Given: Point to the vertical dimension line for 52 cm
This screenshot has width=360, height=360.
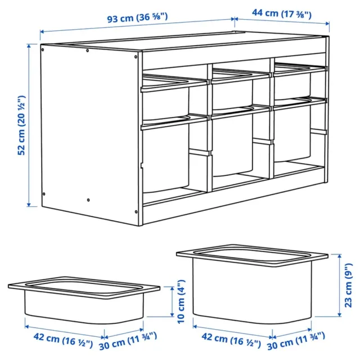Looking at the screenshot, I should pyautogui.click(x=29, y=125).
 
